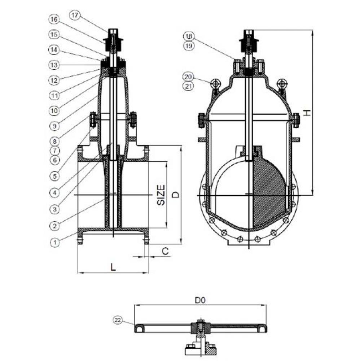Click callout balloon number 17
(x=76, y=15)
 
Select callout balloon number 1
(x=54, y=242)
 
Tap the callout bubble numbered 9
(x=54, y=126)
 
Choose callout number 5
(x=54, y=176)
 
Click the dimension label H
(x=306, y=113)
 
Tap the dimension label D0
(x=200, y=300)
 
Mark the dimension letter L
(x=113, y=267)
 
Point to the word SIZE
(x=161, y=195)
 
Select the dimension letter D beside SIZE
(x=175, y=195)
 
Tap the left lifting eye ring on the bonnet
(x=214, y=84)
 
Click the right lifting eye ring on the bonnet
(x=281, y=84)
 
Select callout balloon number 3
(x=54, y=209)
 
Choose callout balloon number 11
(x=54, y=95)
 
